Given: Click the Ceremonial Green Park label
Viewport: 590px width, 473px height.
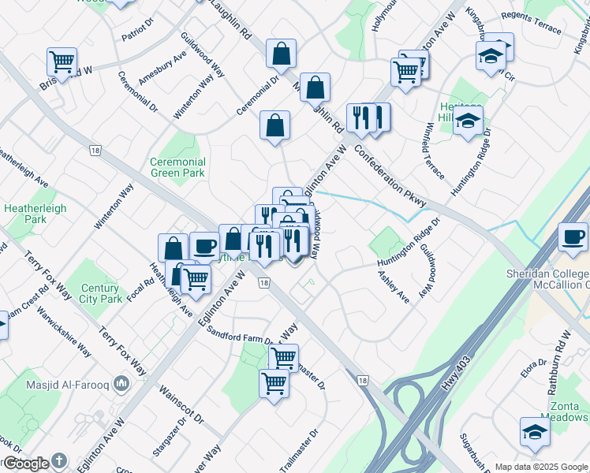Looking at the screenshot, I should (177, 167).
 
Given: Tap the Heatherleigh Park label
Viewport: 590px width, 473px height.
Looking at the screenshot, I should (35, 214).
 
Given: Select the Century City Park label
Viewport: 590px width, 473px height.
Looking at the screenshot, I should (100, 294).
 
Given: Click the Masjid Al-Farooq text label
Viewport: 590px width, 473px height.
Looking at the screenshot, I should (68, 384).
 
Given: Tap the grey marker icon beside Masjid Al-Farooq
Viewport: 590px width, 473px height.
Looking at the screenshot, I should (121, 384).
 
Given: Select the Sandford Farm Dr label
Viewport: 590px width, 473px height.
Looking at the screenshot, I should (239, 336).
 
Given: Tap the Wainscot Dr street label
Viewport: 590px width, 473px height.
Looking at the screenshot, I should (181, 404).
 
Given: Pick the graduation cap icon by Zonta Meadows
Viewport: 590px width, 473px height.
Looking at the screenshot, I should (535, 431).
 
